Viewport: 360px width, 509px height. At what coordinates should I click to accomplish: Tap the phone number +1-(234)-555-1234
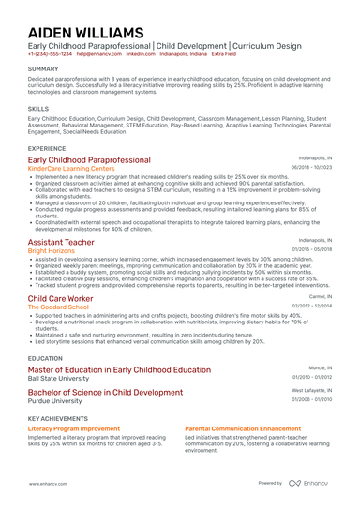50,54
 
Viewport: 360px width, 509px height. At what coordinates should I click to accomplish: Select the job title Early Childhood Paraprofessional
89,160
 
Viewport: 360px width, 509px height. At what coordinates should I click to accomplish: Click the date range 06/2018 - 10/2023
310,169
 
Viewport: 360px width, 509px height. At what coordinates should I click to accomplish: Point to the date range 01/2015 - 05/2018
310,250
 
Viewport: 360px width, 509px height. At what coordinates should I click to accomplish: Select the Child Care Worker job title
60,297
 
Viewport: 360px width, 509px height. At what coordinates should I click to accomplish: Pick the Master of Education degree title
119,370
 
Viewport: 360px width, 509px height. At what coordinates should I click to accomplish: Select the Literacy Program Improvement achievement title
73,427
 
